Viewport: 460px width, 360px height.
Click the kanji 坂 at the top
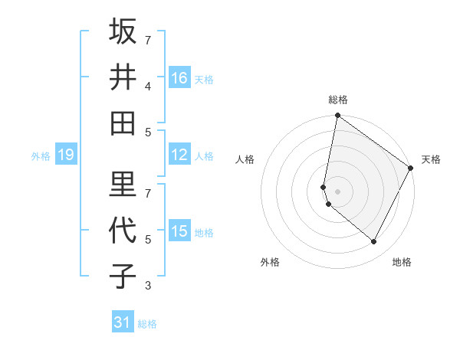click(x=123, y=31)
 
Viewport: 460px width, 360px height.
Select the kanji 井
click(x=123, y=77)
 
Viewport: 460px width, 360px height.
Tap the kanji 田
click(x=123, y=123)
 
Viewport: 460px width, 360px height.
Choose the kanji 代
click(x=123, y=230)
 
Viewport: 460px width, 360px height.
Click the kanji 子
click(x=123, y=276)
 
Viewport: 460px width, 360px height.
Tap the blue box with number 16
click(x=179, y=78)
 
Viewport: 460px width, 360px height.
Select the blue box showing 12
click(x=179, y=155)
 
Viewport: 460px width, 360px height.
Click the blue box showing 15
click(x=179, y=231)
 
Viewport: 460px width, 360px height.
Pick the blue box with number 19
click(x=66, y=155)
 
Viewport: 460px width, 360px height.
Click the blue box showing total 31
click(x=123, y=322)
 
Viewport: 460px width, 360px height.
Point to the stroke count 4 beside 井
click(x=148, y=87)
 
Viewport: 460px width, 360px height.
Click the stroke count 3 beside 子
click(x=148, y=286)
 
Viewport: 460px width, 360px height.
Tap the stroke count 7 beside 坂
click(x=148, y=39)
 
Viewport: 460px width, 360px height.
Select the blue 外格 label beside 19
click(x=41, y=156)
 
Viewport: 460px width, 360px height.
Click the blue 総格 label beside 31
click(x=147, y=324)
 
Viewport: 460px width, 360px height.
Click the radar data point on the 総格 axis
click(x=337, y=116)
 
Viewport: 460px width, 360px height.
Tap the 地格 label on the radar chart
click(x=402, y=262)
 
